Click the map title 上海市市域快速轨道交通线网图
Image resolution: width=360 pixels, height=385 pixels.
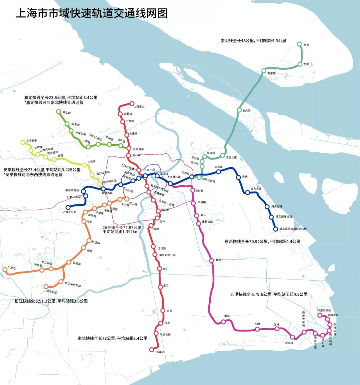[92, 13]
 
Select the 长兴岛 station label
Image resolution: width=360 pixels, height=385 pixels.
[246, 111]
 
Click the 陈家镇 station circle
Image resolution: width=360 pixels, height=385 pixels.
[264, 71]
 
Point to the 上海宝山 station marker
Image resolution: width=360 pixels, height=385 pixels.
[132, 103]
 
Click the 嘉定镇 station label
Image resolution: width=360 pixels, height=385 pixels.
[67, 113]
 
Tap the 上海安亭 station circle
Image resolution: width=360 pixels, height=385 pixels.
[23, 142]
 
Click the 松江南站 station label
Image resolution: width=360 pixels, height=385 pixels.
[52, 291]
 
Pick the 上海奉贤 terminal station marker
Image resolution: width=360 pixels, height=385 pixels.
[152, 350]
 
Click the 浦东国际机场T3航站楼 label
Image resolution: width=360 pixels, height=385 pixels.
[293, 229]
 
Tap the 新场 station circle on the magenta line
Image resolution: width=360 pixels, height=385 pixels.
[211, 260]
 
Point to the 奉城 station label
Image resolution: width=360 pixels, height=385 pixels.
[227, 316]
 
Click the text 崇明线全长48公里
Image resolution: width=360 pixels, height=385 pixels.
[237, 41]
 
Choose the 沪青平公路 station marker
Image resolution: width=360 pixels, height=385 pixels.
[68, 207]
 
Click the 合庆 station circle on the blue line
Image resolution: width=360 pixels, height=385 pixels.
[239, 177]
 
